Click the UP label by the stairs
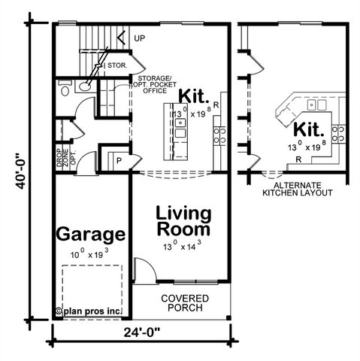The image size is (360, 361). (140, 38)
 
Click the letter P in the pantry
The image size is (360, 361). (119, 160)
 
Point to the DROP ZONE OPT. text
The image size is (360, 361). (62, 159)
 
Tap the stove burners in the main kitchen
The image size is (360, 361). (221, 135)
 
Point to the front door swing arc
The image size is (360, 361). (143, 268)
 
